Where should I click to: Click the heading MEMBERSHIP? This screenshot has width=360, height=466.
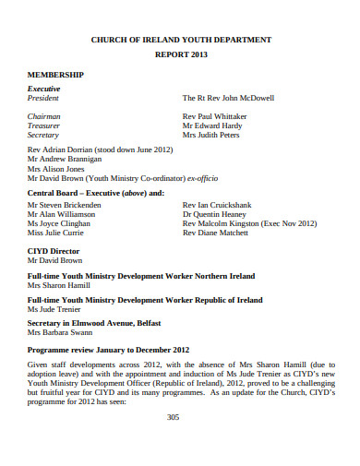(55, 74)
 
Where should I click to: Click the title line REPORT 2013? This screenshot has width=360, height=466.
(180, 55)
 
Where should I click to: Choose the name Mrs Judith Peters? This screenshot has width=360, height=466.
(210, 135)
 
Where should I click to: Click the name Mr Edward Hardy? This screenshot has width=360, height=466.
(212, 125)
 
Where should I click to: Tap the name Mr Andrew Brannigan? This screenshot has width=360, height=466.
(64, 159)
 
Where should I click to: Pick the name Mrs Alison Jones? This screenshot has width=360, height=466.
(55, 169)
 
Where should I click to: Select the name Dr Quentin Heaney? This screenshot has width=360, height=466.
(216, 214)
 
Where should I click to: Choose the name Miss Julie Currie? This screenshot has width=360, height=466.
(56, 233)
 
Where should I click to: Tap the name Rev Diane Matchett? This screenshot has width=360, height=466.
(217, 233)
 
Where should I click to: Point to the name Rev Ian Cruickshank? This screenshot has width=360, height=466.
(221, 205)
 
